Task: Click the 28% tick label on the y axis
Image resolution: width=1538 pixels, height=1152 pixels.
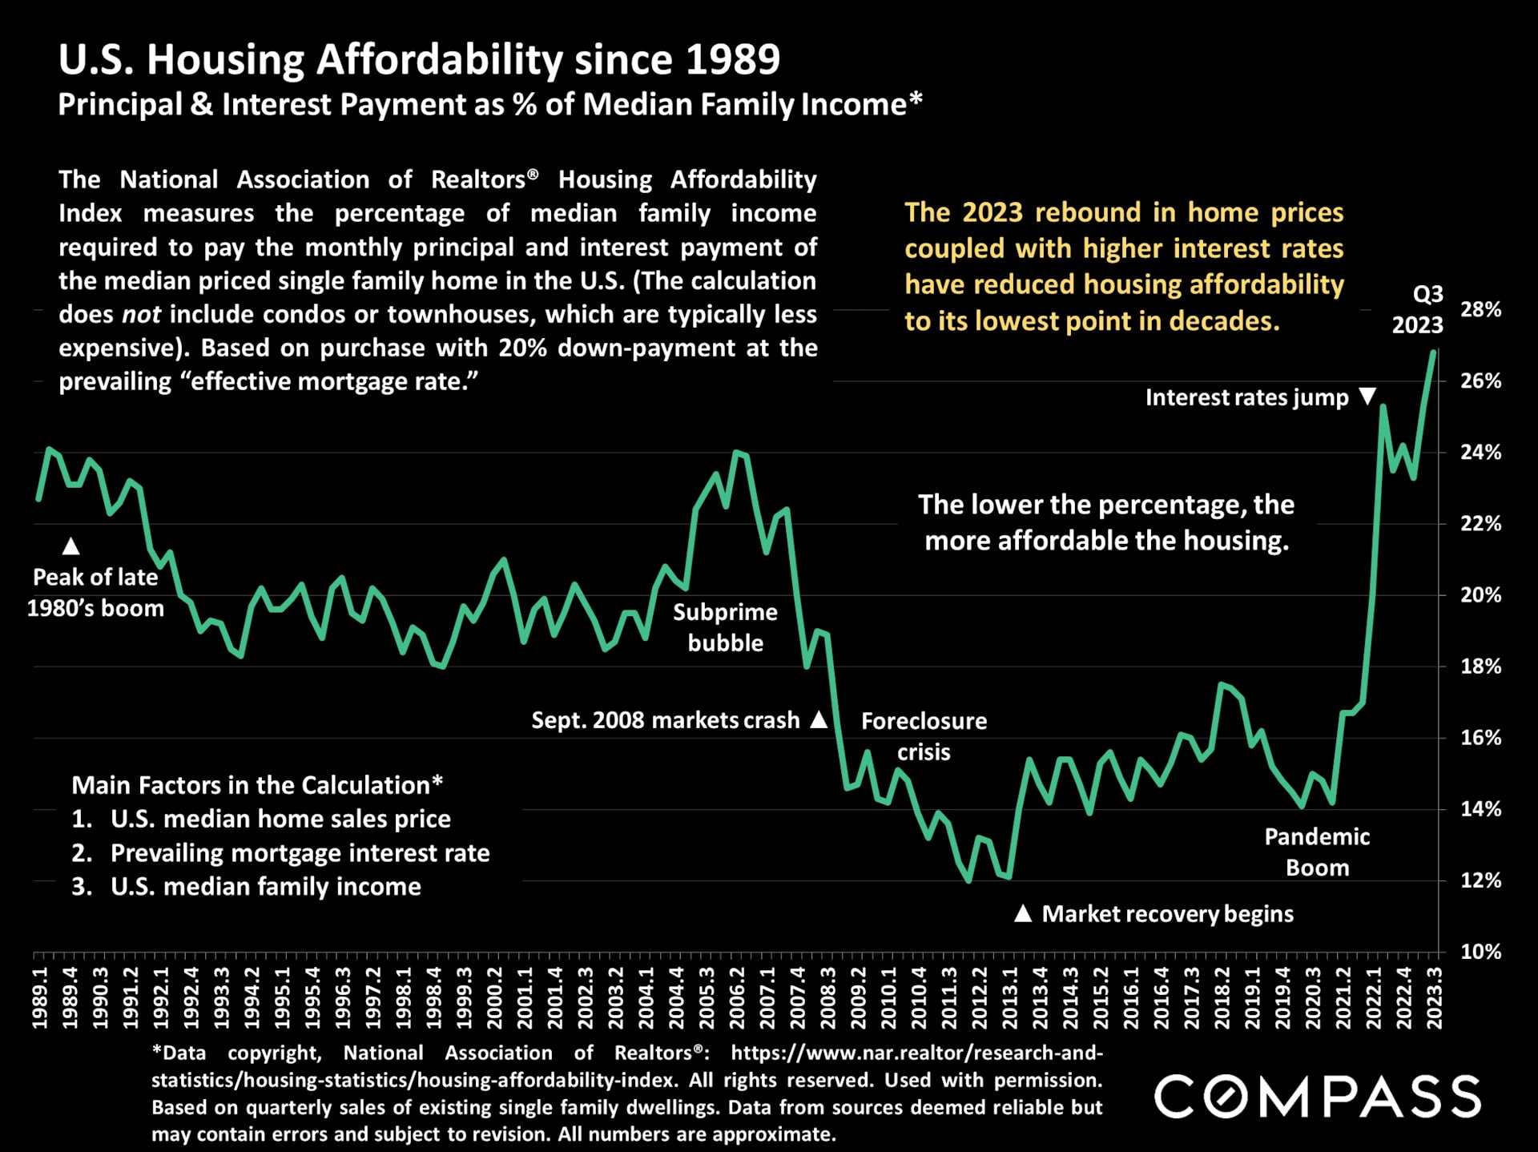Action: (1480, 310)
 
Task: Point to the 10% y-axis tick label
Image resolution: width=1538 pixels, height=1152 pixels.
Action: (1480, 953)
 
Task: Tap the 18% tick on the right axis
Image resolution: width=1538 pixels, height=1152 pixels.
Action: (1480, 667)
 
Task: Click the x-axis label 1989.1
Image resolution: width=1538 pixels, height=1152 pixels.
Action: (40, 997)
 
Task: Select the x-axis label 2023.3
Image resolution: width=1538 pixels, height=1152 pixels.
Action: (1434, 997)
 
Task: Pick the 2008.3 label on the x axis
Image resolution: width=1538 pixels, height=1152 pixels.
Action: (827, 997)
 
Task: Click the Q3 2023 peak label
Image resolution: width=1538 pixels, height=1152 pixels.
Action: (1419, 309)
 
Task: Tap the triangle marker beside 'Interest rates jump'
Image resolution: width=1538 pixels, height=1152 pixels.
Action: (1368, 396)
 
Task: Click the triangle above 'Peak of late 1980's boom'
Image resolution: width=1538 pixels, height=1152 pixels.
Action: (70, 546)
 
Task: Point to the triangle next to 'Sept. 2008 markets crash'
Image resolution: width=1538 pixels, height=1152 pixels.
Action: (819, 719)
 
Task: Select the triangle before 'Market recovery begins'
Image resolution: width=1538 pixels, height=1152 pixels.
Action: (1023, 913)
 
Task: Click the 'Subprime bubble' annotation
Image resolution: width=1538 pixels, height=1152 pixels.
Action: (725, 627)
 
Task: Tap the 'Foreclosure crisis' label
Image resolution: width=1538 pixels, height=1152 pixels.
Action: (924, 736)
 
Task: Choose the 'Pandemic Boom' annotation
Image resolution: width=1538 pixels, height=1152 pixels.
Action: (1317, 852)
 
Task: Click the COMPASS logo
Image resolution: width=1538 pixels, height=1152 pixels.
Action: (1317, 1096)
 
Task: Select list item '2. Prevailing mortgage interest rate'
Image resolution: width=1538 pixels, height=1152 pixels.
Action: (280, 853)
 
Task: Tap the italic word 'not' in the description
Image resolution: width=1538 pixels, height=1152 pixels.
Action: (141, 314)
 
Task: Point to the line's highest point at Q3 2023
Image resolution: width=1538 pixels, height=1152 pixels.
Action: (1433, 352)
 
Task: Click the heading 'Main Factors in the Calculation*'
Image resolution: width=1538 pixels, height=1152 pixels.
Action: (257, 785)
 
